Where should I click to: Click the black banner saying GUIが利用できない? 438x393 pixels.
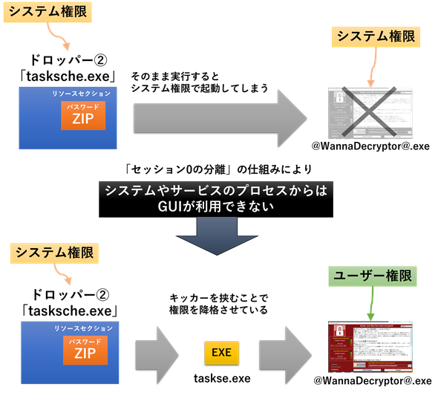[215, 198]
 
